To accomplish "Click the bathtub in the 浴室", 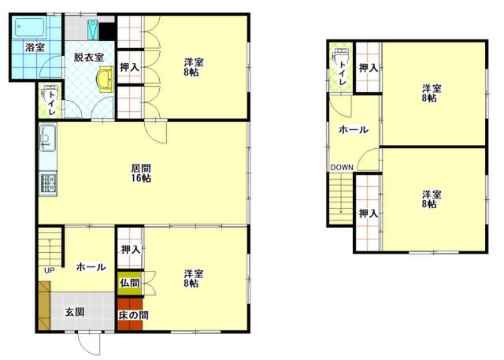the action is click(30, 27).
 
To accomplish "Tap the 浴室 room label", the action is click(35, 48).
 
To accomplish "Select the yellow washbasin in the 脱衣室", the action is click(106, 80).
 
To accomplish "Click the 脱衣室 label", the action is click(89, 58).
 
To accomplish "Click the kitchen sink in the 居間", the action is click(47, 138).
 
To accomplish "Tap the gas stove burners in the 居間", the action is click(48, 184).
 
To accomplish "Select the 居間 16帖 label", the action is click(141, 173).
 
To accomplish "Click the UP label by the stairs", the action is click(49, 271).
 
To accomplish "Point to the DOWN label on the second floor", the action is click(342, 168).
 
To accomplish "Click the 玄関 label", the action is click(75, 312).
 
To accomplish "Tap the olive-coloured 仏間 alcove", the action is click(130, 283).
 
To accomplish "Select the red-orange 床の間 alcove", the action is click(130, 314).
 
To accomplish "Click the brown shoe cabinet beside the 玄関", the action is click(44, 306).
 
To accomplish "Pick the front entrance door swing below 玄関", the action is click(89, 343).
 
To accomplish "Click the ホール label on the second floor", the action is click(354, 130).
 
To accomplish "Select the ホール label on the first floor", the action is click(91, 267).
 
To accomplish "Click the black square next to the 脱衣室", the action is click(107, 32).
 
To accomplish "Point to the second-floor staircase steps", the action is click(341, 199).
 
